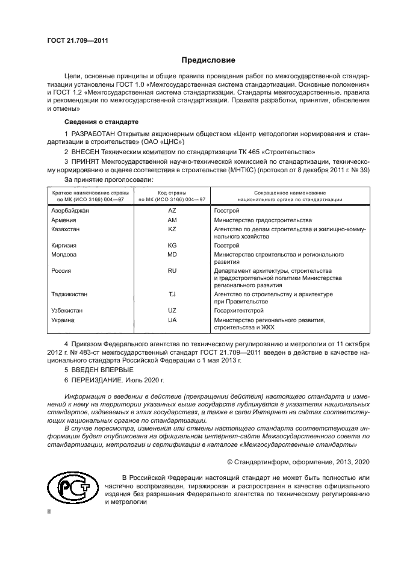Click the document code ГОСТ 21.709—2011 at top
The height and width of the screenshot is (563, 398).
tap(73, 41)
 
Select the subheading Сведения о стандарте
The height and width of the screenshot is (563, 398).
tap(92, 122)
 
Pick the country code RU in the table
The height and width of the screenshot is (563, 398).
tap(172, 271)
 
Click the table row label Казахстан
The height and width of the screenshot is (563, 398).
tap(66, 229)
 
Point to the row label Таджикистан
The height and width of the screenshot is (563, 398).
tap(69, 294)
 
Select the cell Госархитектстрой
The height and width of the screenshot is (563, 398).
tap(239, 310)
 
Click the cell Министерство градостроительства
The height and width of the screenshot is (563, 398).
tap(263, 220)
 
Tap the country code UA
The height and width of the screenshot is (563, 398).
tap(172, 320)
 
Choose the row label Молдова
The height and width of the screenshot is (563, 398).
tap(64, 255)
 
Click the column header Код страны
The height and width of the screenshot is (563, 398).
tap(172, 193)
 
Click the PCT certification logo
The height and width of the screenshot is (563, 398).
tap(72, 487)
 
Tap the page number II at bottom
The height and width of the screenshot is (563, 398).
tap(50, 511)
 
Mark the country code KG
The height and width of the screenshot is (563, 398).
tap(172, 246)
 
